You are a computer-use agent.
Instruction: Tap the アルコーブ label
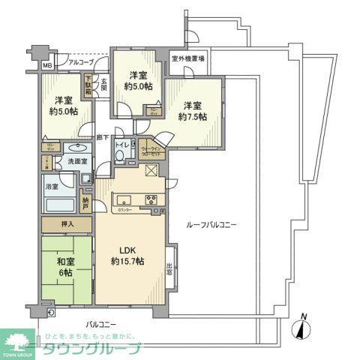tap(81, 63)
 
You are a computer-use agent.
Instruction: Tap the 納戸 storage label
tap(87, 202)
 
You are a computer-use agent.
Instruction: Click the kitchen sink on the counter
tap(124, 200)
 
